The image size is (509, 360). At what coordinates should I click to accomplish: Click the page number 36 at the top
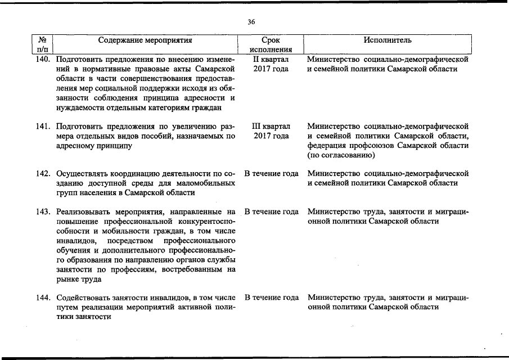(x=251, y=22)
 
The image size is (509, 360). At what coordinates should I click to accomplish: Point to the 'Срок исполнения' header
(x=271, y=45)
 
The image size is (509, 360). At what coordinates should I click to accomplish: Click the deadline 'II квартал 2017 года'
(x=271, y=64)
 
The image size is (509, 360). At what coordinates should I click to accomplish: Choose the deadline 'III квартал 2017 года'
(x=271, y=131)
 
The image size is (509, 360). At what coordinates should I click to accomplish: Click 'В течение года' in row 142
(x=271, y=173)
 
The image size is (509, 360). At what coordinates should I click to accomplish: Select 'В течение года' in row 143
(x=271, y=212)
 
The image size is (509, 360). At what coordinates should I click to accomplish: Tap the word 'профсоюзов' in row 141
(x=373, y=146)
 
